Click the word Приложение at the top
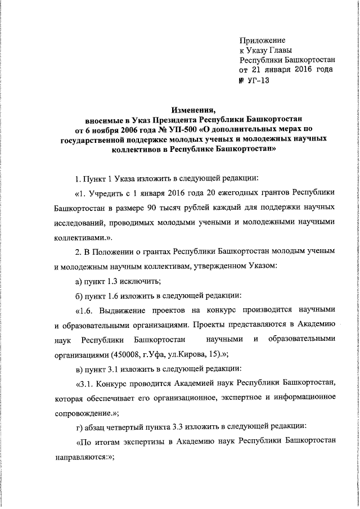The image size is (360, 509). pos(262,40)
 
